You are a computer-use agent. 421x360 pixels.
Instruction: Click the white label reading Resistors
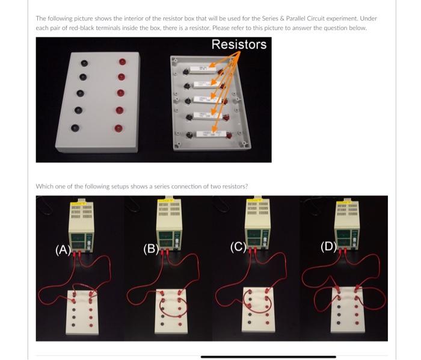239,45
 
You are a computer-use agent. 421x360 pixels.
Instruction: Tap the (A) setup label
63,249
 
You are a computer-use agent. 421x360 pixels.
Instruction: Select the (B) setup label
150,248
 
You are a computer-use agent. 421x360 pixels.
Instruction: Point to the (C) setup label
238,246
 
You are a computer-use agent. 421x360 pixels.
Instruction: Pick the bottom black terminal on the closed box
75,128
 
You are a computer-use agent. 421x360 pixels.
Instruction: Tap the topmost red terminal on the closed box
123,61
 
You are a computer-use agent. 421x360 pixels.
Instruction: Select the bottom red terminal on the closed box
118,128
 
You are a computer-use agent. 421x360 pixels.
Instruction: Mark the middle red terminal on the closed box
120,93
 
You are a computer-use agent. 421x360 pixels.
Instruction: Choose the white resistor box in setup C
258,310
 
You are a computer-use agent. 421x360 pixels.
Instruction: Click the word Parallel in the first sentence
282,18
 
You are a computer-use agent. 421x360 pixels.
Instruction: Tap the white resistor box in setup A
82,311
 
